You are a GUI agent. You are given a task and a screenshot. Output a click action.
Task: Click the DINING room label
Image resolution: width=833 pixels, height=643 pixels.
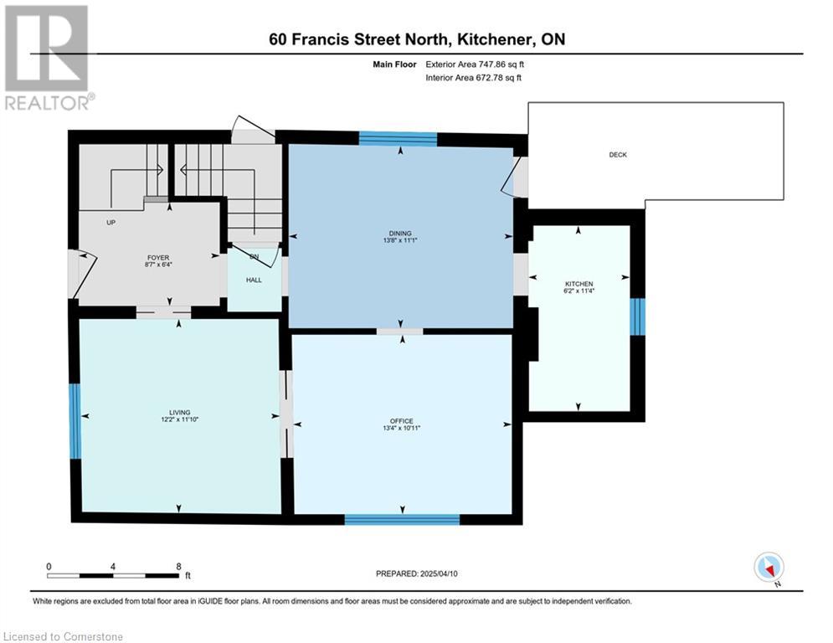click(400, 234)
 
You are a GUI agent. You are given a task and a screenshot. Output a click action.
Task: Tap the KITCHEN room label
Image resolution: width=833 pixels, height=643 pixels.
click(579, 284)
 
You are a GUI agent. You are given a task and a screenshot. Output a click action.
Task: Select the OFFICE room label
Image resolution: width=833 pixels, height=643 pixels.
click(402, 421)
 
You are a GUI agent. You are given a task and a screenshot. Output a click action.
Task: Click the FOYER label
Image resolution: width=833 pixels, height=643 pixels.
click(158, 258)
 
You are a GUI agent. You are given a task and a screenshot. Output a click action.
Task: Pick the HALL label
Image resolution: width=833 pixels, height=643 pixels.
click(254, 280)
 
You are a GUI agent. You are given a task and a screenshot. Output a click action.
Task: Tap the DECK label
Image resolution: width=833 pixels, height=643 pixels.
click(618, 155)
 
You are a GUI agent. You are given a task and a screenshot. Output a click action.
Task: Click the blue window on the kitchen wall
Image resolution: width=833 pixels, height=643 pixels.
click(637, 316)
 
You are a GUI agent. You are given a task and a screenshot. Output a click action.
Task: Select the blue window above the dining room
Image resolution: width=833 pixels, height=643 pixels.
click(398, 139)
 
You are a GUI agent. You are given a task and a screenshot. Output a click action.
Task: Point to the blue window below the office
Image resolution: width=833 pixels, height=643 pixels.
click(402, 519)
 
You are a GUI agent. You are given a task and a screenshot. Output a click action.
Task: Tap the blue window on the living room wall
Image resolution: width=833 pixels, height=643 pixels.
click(75, 421)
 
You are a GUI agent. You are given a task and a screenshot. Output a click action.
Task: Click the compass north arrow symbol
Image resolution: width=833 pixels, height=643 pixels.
click(769, 568)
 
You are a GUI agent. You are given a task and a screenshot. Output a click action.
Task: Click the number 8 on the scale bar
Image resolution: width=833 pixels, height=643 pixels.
click(178, 567)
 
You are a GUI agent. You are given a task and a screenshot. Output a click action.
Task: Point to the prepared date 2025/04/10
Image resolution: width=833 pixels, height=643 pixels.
click(439, 574)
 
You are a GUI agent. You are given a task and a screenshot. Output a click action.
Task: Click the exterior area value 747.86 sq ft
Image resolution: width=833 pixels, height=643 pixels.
click(475, 64)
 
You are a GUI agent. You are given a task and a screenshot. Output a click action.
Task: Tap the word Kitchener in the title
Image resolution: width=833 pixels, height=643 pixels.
click(495, 39)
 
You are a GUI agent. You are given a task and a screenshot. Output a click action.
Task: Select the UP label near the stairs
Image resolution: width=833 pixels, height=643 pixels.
click(111, 222)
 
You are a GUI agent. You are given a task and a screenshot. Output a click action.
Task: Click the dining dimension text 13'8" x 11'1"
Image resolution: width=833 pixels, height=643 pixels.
click(400, 240)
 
